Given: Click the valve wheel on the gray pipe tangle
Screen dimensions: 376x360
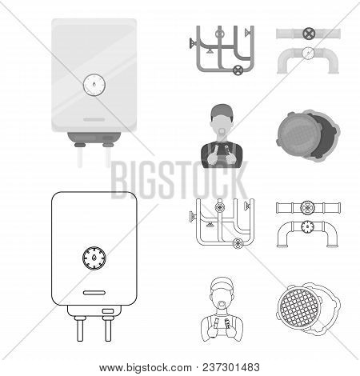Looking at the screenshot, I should [237, 71].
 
